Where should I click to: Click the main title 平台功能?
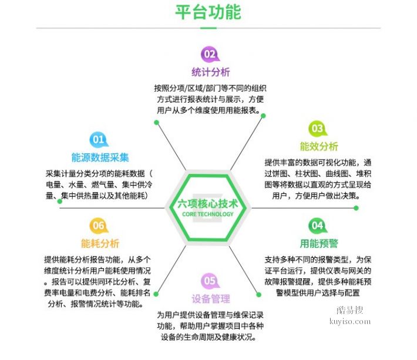coord(208,12)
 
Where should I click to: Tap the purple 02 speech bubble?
coord(210,55)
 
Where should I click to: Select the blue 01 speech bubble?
coord(99,140)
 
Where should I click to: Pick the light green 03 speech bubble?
coord(318,129)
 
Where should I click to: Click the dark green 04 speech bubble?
coord(318,226)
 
